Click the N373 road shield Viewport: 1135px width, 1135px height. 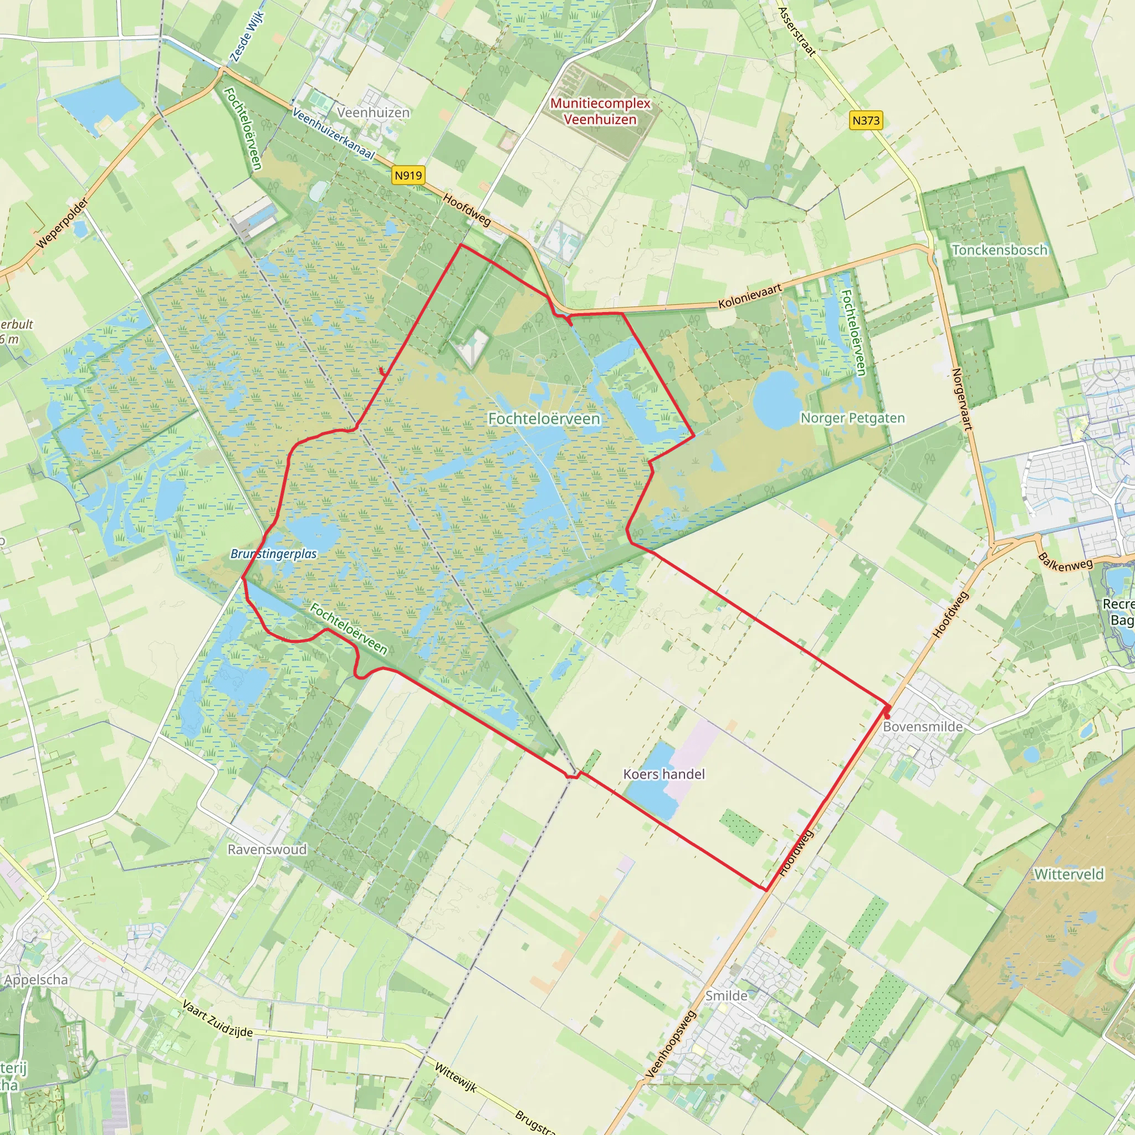tap(866, 120)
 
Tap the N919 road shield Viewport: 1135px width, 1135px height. tap(408, 175)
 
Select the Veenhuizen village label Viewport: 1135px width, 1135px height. tap(373, 112)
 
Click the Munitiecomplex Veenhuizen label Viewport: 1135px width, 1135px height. tap(600, 111)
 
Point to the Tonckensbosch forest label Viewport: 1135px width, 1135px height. tap(1000, 250)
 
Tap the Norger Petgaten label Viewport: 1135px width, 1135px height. tap(852, 418)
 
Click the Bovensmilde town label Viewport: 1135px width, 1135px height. tap(923, 727)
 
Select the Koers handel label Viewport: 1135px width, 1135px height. tap(664, 774)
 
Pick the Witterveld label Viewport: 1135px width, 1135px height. tap(1069, 875)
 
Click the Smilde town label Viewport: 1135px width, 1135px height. tap(727, 996)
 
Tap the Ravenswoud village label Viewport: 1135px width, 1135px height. tap(267, 850)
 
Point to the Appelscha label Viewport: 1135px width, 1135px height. tap(37, 980)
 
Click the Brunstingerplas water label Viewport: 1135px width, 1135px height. tap(273, 554)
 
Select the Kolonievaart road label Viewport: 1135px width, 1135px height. tap(750, 296)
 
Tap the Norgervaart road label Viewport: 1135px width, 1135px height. tap(961, 400)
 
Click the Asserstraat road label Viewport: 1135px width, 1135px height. tap(796, 31)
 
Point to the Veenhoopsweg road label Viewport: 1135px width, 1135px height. tap(671, 1045)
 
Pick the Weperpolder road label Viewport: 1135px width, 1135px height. tap(62, 223)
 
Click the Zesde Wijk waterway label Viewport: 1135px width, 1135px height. tap(247, 37)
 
